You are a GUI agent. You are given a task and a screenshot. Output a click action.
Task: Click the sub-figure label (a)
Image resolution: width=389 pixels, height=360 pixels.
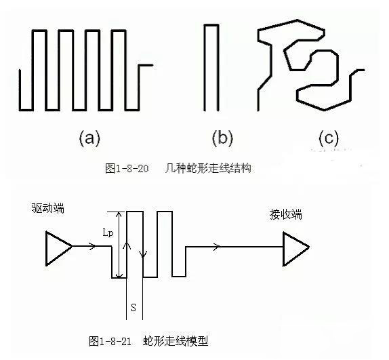point(89,138)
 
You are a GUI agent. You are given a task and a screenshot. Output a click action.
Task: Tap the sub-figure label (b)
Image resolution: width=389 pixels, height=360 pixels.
point(222,138)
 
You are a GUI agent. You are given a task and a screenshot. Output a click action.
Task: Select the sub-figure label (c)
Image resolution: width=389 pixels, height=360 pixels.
point(329,138)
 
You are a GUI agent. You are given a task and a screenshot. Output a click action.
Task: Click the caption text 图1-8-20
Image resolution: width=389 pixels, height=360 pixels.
point(127,168)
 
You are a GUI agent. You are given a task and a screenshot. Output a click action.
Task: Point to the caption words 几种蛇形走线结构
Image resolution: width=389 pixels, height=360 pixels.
point(208,168)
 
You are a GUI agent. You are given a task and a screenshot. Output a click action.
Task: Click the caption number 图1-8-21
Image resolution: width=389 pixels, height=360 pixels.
point(110,341)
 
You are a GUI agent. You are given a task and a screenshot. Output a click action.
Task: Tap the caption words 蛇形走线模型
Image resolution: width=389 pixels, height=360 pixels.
point(176,341)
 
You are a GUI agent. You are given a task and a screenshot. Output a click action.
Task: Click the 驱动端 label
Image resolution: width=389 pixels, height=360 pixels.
point(48,208)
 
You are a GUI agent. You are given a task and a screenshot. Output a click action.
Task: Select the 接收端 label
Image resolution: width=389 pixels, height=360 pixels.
point(286,214)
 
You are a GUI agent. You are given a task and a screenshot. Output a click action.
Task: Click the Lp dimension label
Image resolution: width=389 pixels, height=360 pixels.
point(108,233)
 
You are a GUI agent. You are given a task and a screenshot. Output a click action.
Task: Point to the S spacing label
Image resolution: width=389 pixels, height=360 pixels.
point(134,308)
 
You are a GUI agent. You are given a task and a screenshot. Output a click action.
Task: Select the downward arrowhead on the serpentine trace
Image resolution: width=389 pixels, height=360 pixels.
point(143,254)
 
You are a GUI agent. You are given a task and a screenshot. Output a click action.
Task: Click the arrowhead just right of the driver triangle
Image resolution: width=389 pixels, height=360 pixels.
point(93,246)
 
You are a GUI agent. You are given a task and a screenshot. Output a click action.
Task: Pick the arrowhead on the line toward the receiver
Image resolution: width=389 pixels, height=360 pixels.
point(217,247)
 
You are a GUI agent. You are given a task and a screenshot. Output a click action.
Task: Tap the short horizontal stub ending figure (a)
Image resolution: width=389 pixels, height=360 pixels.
point(146,65)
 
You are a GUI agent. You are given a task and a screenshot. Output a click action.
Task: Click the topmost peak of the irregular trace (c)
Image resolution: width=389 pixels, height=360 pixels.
point(298,20)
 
